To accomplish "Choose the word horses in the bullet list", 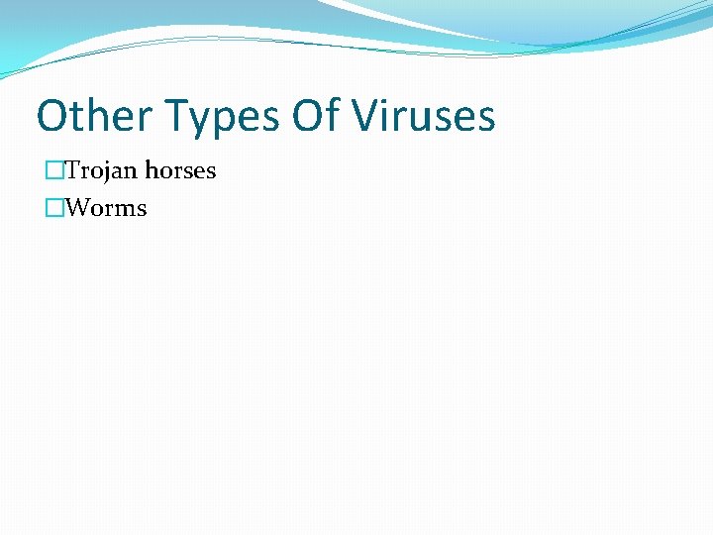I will [x=180, y=170].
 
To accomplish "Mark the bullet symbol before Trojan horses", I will [x=53, y=170].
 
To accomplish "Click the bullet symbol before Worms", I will [x=53, y=208].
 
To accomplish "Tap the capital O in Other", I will [x=51, y=116].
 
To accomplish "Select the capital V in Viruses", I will [x=367, y=116].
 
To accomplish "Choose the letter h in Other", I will [x=92, y=116].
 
